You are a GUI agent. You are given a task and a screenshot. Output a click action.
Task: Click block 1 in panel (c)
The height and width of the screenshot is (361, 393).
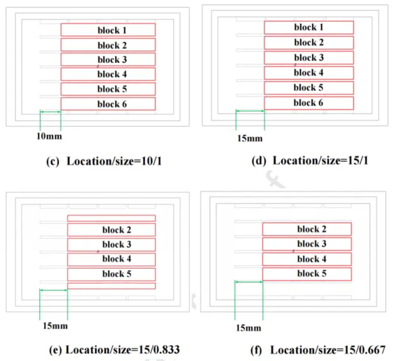click(108, 30)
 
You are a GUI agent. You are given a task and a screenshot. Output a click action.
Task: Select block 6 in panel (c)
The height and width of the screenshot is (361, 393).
click(108, 104)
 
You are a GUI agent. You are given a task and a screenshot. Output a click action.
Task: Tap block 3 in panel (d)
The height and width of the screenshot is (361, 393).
click(309, 58)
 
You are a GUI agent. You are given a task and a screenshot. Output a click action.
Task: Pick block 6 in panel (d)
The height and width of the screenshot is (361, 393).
click(309, 103)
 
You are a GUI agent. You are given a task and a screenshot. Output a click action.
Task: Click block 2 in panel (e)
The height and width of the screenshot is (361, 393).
click(111, 230)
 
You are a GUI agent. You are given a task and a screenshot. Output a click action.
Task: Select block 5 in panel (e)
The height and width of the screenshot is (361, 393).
click(111, 274)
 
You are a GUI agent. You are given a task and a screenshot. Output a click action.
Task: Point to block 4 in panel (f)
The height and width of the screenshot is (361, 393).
click(307, 259)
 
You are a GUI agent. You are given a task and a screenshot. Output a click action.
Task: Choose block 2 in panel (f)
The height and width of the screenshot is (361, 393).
click(307, 229)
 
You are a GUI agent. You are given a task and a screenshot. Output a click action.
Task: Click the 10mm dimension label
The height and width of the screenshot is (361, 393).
click(49, 136)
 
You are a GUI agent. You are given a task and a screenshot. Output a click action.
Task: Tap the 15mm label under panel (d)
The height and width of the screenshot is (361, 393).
click(250, 138)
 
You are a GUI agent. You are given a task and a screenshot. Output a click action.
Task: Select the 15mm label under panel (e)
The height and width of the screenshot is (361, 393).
click(55, 326)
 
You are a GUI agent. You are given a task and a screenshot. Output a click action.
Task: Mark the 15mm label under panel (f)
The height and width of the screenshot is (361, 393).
click(248, 328)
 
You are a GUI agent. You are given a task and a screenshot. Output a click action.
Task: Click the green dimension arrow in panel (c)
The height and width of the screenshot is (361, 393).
click(50, 111)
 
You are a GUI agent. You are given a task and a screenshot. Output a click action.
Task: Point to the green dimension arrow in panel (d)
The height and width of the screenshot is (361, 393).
click(250, 111)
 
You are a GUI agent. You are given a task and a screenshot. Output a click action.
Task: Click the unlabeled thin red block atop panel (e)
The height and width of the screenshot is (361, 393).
click(111, 218)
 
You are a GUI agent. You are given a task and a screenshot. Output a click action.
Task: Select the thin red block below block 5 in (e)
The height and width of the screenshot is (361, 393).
click(111, 286)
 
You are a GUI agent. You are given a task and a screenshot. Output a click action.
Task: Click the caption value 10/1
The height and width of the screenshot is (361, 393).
click(151, 161)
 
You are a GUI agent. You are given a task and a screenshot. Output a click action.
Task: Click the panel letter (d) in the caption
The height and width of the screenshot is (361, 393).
click(259, 161)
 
